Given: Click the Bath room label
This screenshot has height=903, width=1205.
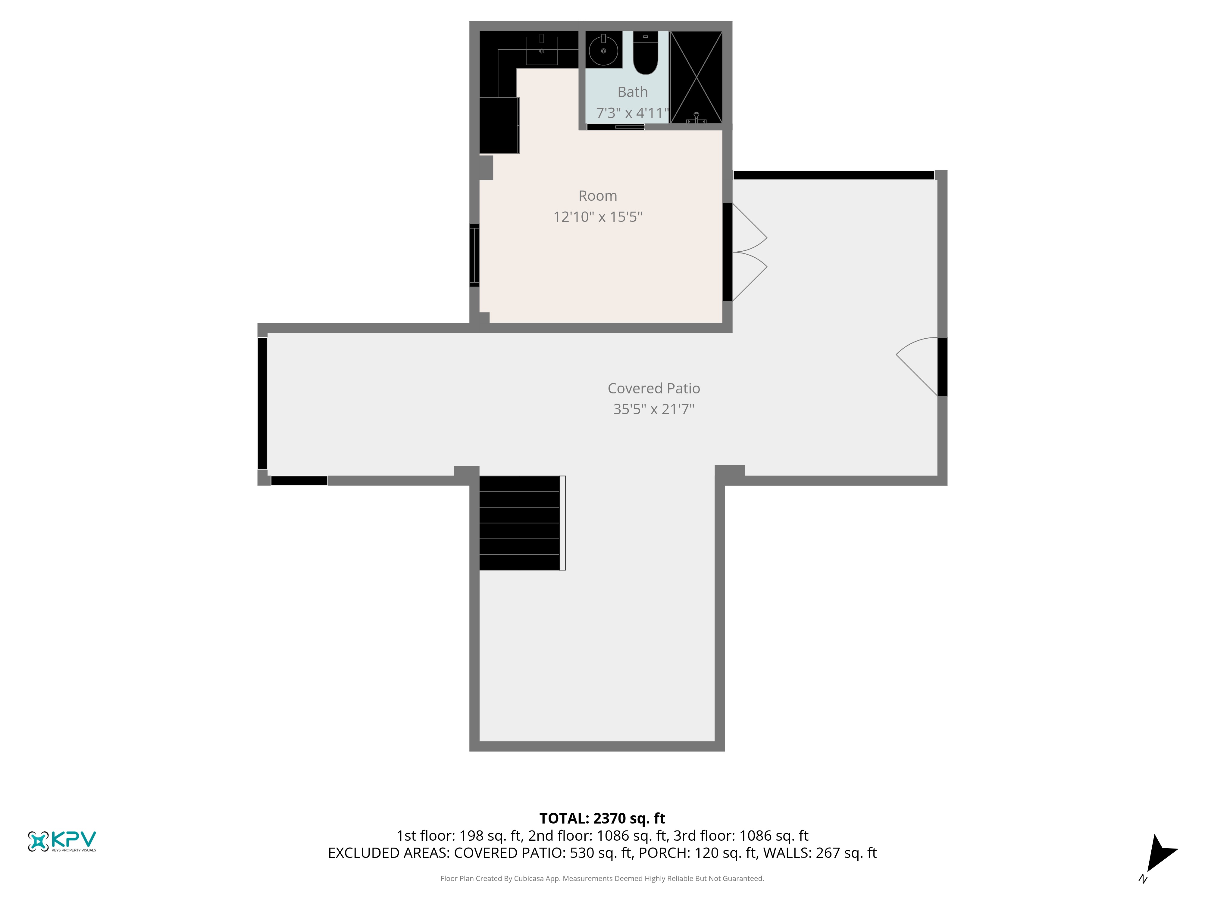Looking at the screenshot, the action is click(x=632, y=92).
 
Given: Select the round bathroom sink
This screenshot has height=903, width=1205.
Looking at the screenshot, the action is click(x=604, y=50).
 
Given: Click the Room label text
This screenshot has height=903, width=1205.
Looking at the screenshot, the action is click(x=598, y=196).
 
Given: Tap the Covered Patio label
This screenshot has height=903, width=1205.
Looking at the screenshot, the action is click(x=654, y=388).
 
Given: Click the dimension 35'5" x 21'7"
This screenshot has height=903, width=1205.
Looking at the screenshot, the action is click(x=654, y=409).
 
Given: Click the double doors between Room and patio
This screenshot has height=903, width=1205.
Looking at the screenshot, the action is click(x=746, y=252).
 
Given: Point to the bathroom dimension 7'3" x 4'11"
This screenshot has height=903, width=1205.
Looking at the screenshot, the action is click(x=632, y=113).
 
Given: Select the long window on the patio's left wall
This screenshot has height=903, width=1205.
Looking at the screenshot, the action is click(x=263, y=403).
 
